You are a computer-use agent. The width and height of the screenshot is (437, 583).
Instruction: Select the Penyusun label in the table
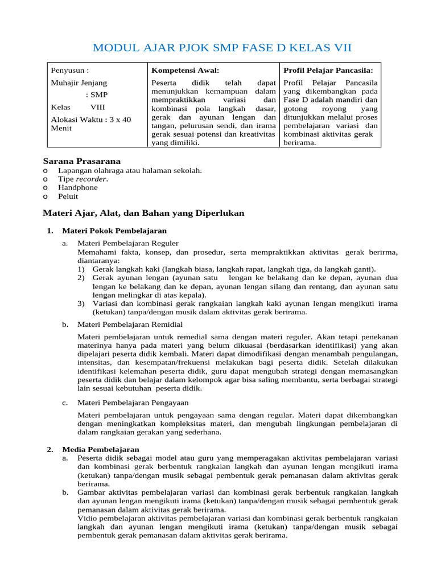click(69, 71)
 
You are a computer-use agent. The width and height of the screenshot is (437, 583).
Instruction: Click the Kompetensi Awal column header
click(185, 71)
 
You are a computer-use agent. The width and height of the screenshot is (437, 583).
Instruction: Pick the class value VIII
click(97, 107)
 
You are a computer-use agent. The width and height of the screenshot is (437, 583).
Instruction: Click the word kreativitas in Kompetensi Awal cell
click(254, 134)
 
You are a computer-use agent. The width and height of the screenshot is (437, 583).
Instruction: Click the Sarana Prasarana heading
click(82, 161)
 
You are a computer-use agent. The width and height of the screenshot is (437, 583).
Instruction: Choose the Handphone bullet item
click(77, 187)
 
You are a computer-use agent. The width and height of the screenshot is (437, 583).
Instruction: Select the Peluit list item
click(68, 196)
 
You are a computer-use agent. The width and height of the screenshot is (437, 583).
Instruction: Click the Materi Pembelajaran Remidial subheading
click(130, 324)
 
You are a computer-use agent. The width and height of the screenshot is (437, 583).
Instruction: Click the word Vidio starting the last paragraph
click(87, 519)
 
